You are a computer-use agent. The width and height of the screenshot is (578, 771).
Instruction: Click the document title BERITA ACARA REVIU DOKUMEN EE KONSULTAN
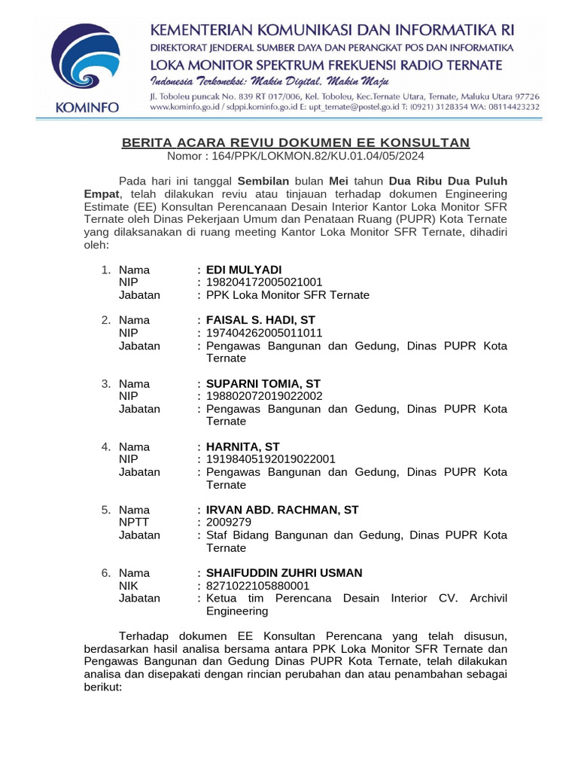(296, 142)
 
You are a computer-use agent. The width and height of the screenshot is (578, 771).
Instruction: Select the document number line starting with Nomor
(296, 156)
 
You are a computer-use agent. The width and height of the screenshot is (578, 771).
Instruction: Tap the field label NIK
(129, 586)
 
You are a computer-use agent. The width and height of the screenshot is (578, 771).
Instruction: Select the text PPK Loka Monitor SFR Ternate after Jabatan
(287, 295)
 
